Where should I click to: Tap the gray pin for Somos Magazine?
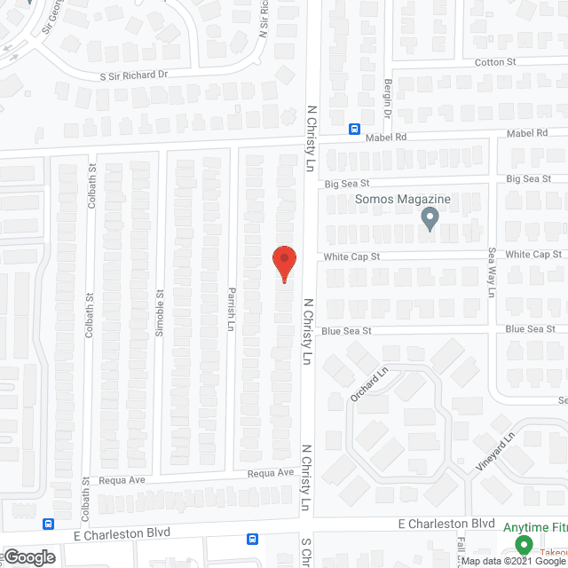click(x=430, y=218)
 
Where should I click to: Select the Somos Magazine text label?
click(x=404, y=200)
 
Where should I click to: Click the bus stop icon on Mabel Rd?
click(x=354, y=128)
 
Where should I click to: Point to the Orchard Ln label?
click(x=369, y=384)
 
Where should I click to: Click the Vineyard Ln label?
click(x=504, y=451)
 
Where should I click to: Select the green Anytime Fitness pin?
click(x=523, y=545)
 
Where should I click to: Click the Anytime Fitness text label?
click(x=535, y=527)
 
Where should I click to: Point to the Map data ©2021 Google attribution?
click(x=513, y=561)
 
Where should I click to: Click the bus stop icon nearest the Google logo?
click(x=48, y=524)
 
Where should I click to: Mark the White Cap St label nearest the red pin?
click(x=351, y=256)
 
